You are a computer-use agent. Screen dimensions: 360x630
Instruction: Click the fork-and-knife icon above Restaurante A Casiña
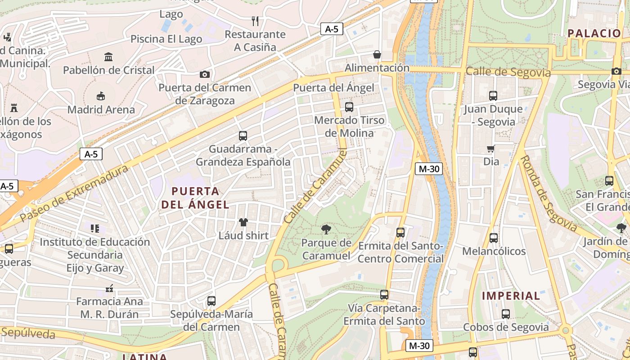point(255,21)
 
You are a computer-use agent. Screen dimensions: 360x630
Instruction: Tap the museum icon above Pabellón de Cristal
point(108,57)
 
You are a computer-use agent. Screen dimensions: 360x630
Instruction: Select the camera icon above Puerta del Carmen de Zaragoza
point(205,74)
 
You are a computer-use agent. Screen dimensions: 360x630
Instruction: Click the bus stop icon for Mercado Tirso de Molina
point(349,107)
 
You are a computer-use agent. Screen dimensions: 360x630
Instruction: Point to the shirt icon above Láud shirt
point(243,222)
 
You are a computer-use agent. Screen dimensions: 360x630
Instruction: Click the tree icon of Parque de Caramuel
point(326,230)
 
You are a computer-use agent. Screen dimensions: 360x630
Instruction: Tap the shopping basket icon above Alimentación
point(377,54)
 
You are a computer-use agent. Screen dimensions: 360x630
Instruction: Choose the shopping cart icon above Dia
point(491,148)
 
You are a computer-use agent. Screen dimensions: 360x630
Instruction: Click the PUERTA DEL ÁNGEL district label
point(195,198)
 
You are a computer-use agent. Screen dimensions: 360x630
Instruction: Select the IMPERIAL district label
point(511,296)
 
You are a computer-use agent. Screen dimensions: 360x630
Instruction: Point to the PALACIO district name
point(594,33)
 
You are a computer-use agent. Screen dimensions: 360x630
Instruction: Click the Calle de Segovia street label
point(508,72)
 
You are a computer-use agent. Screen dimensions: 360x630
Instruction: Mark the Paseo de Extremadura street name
point(75,193)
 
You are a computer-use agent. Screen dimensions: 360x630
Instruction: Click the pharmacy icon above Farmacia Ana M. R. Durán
point(109,288)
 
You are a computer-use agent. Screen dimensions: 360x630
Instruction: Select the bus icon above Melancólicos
point(494,238)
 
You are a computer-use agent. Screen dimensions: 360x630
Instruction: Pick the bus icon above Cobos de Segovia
point(506,314)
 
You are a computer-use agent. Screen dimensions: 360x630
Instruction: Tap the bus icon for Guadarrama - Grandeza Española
point(243,136)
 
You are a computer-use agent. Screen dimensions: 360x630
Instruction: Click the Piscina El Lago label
point(166,39)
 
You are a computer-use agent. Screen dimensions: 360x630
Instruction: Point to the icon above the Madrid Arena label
point(101,96)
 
